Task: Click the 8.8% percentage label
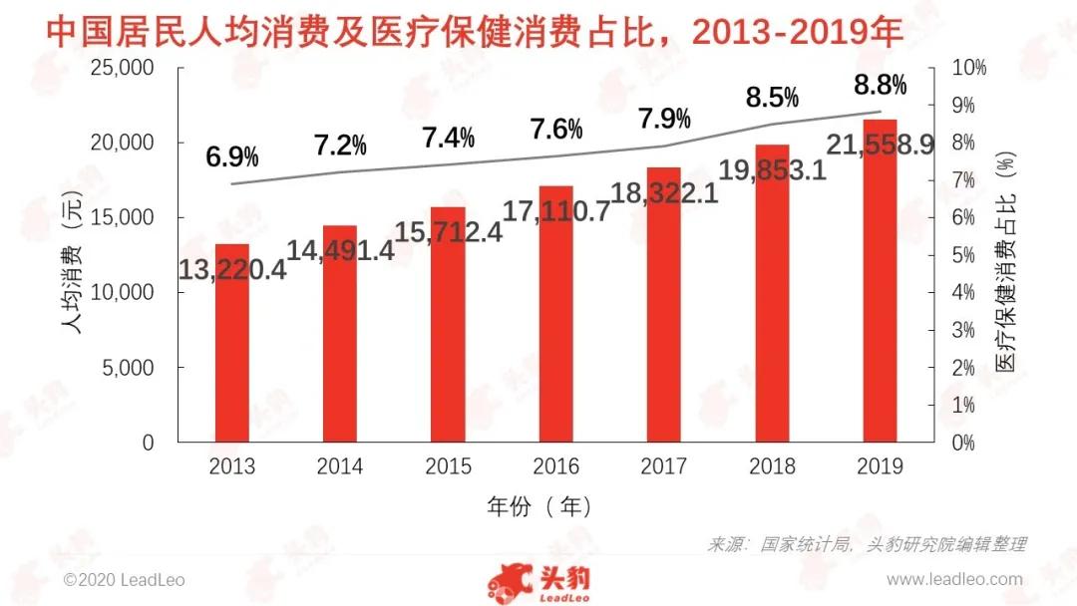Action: (880, 86)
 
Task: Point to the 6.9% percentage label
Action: (232, 156)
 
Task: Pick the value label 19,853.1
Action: (772, 170)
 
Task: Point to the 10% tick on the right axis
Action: (970, 68)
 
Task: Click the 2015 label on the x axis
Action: (448, 466)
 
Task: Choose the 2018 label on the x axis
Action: (772, 466)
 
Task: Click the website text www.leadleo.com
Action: (954, 579)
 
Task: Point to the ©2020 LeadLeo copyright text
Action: (124, 579)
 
